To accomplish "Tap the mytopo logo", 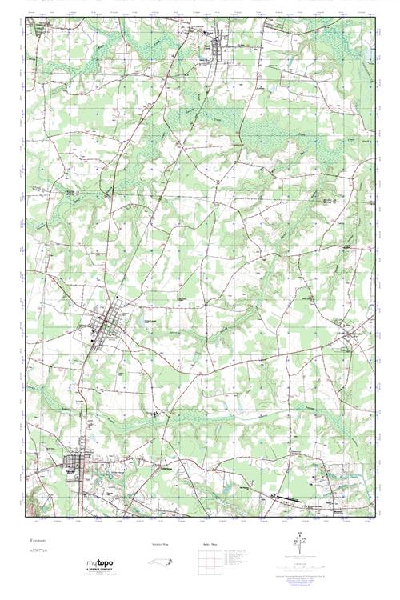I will click(x=99, y=563).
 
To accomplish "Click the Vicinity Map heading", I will click(x=161, y=544).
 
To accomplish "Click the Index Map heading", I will click(x=210, y=544).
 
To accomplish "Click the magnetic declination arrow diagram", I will click(x=299, y=542).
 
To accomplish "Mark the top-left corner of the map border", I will click(x=26, y=18).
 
